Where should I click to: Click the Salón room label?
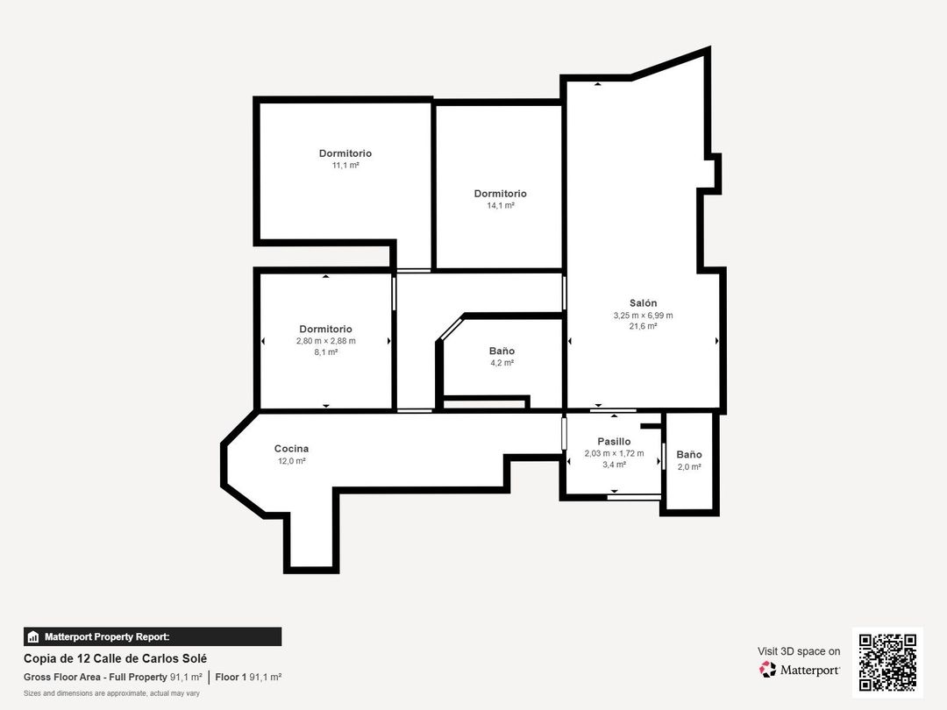pos(643,303)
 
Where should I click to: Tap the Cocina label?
pos(291,449)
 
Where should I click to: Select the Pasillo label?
pos(614,442)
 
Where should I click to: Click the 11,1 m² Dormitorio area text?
pos(345,165)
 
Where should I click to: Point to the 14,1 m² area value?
pos(500,205)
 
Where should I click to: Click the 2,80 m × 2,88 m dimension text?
pos(326,341)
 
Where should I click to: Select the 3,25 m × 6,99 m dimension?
pos(643,316)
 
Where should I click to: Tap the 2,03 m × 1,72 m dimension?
pos(614,453)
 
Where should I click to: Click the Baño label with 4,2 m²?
pos(502,351)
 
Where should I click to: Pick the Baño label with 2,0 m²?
pos(689,455)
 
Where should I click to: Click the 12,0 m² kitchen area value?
pos(291,461)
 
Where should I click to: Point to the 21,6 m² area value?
pos(643,326)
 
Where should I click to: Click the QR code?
pos(887,662)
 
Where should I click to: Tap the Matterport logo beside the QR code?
pos(800,670)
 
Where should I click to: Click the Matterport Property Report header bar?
pos(153,637)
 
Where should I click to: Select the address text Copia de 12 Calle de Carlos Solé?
pos(116,658)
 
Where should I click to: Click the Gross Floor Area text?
pos(113,678)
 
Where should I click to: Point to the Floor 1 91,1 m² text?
pos(248,678)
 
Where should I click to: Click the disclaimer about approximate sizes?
pos(111,693)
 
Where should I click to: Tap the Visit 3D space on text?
pos(799,651)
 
